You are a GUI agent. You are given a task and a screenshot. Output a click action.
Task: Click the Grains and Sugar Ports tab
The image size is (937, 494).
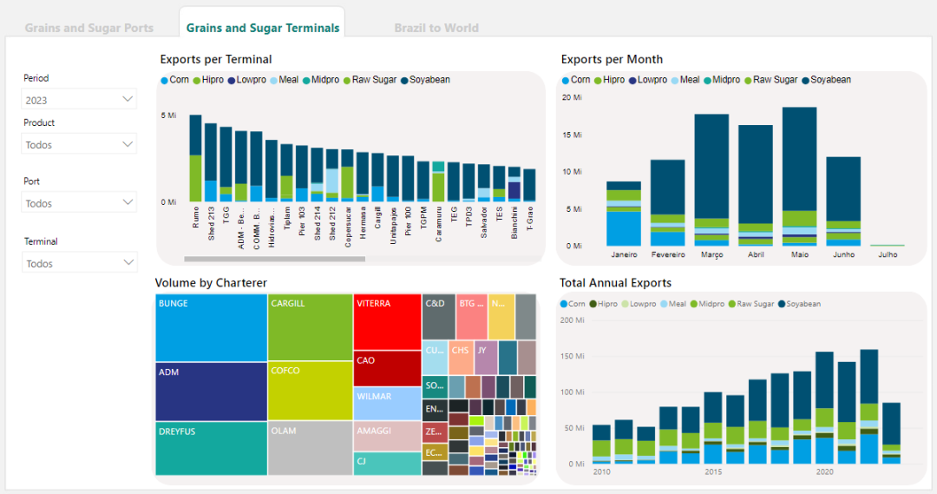[88, 28]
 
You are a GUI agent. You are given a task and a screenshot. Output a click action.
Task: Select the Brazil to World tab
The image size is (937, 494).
[436, 28]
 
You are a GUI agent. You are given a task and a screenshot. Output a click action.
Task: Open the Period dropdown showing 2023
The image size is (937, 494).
[79, 100]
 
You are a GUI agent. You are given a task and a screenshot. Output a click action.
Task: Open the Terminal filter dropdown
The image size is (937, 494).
[79, 263]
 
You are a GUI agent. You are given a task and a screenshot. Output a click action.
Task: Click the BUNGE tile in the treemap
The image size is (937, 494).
[211, 328]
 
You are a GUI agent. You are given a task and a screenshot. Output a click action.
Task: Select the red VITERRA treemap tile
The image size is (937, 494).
[387, 321]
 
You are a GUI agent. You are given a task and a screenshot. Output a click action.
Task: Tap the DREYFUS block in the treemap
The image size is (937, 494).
[211, 448]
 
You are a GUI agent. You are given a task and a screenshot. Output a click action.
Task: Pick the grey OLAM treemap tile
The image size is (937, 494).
[310, 448]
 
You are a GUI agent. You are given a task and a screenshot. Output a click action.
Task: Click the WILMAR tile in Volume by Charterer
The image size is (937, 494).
[387, 404]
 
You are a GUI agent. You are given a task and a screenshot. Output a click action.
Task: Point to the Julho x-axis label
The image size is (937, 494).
[888, 255]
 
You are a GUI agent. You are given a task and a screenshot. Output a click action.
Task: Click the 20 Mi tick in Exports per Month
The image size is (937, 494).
[572, 97]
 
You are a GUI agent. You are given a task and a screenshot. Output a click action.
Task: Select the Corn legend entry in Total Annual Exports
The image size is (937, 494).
[573, 304]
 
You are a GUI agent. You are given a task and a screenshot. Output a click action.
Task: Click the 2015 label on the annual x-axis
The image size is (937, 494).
[713, 472]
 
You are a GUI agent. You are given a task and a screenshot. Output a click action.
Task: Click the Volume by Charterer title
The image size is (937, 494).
[211, 283]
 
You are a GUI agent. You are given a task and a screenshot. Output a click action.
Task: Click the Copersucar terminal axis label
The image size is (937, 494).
[348, 229]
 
